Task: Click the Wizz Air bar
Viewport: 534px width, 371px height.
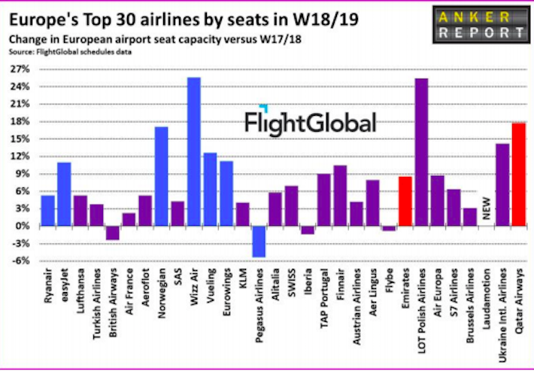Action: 194,151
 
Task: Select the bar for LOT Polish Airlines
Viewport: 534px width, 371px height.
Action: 421,152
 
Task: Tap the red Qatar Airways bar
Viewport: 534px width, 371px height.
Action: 519,175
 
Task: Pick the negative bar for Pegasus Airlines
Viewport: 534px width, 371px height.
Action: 259,242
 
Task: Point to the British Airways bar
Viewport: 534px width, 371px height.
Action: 113,233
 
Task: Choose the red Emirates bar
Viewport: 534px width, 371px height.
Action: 405,201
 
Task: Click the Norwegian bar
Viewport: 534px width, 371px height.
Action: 162,177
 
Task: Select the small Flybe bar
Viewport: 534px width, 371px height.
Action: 389,229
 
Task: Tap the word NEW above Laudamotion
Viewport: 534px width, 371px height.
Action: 487,208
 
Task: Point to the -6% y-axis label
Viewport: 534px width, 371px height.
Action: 20,261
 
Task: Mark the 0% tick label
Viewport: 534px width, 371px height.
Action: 23,227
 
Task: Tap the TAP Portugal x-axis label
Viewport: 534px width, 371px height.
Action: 324,298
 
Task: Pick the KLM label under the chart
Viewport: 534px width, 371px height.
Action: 243,277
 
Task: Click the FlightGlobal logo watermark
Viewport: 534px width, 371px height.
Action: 311,121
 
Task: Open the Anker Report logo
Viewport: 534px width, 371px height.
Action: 480,24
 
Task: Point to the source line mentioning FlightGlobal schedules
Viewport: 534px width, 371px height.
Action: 70,52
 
